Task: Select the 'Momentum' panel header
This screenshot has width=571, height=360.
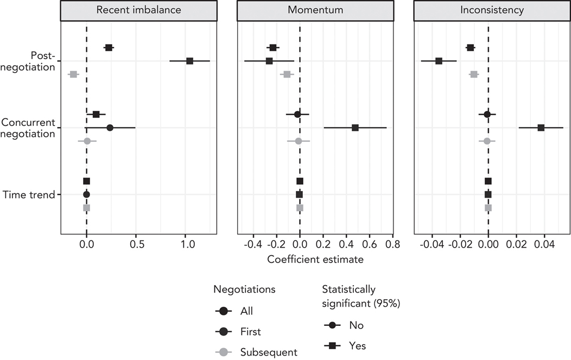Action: point(315,10)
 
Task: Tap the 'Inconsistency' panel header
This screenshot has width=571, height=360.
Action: point(492,10)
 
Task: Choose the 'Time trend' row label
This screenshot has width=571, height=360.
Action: point(29,194)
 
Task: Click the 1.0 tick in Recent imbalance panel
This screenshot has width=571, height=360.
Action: point(186,245)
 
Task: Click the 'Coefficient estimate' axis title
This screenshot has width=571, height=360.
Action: point(315,260)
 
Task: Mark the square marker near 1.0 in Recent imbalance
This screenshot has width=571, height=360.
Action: point(189,61)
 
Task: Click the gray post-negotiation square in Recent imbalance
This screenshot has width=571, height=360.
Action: point(73,74)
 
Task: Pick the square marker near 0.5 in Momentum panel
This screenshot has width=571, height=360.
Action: point(355,128)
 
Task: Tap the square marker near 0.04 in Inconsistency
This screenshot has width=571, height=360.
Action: point(541,128)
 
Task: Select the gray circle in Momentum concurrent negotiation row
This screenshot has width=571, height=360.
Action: point(298,141)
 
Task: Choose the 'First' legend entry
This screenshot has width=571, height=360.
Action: point(250,332)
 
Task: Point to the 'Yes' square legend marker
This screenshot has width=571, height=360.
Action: point(332,345)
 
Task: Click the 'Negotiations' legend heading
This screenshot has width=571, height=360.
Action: point(244,289)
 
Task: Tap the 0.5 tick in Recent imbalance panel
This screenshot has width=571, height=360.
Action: point(136,245)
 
